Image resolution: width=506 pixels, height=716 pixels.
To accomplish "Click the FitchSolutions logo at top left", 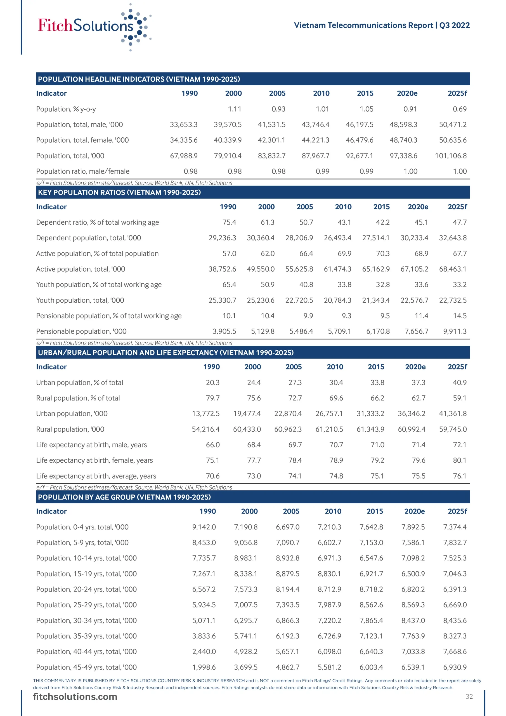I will click(x=94, y=27).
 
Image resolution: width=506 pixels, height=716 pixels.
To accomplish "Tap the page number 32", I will click(x=469, y=696).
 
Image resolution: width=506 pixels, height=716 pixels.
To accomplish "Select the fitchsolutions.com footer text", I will click(x=75, y=696).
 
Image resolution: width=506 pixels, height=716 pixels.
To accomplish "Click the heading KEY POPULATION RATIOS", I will click(x=119, y=192).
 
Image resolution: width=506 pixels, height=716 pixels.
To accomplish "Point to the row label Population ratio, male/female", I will click(x=83, y=171).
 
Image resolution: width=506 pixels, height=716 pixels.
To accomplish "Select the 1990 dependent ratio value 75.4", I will click(x=229, y=222).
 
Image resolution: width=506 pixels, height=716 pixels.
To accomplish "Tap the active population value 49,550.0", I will click(x=261, y=269).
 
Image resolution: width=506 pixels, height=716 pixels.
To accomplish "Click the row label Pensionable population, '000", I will click(x=81, y=331).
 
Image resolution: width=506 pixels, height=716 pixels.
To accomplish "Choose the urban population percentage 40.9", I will click(x=460, y=383).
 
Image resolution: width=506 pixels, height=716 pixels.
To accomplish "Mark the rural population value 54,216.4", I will click(x=205, y=429).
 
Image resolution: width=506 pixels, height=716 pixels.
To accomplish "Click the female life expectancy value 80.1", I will click(x=460, y=460).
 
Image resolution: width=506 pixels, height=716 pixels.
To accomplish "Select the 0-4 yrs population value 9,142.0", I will click(x=204, y=527).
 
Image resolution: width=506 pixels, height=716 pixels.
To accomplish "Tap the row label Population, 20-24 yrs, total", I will click(x=86, y=589).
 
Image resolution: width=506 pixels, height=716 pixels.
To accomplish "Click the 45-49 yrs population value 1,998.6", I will click(x=204, y=667).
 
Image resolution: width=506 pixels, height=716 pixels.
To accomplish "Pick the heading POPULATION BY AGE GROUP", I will click(x=124, y=497).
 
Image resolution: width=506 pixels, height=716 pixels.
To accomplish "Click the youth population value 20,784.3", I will click(x=337, y=300).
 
